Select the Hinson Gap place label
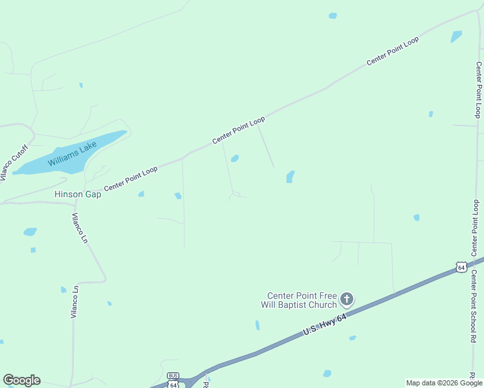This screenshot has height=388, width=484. coord(78,194)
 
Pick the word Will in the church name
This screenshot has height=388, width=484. coord(269,305)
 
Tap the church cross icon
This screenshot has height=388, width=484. coord(347,299)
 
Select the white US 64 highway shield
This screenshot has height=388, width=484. coord(460,266)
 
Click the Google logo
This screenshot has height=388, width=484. coord(21,380)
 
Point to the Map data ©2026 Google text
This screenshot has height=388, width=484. coord(443,383)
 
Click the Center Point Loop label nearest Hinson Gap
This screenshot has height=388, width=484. coord(131,178)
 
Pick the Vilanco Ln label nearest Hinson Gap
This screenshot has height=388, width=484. coord(80,228)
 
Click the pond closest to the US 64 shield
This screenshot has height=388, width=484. coord(416,217)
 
